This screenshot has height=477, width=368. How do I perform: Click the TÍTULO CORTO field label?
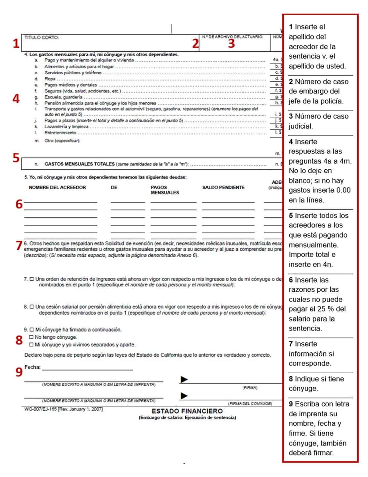click(42, 38)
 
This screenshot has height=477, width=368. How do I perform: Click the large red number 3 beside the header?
click(231, 43)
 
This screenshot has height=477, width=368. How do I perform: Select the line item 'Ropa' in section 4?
click(50, 79)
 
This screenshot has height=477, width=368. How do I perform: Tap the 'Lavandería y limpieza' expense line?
click(66, 127)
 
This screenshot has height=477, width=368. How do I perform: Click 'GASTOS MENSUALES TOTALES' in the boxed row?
click(79, 164)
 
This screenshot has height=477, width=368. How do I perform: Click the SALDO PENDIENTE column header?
click(223, 188)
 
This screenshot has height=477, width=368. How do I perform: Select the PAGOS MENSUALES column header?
click(165, 190)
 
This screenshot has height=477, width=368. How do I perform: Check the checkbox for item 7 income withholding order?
click(32, 279)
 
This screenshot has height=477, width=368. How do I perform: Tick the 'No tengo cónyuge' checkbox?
click(31, 337)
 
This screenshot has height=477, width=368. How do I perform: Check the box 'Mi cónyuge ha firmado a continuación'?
click(32, 330)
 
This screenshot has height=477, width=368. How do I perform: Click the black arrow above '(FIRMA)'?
click(184, 379)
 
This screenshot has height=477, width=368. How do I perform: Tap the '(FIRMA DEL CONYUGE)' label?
click(250, 403)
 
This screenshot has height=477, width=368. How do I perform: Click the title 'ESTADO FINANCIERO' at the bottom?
click(187, 411)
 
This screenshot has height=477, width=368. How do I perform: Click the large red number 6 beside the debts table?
click(19, 204)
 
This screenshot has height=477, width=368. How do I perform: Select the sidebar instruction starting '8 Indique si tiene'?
click(316, 384)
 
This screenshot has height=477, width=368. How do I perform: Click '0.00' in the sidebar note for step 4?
click(343, 190)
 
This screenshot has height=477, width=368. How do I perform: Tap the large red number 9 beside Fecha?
click(19, 372)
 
